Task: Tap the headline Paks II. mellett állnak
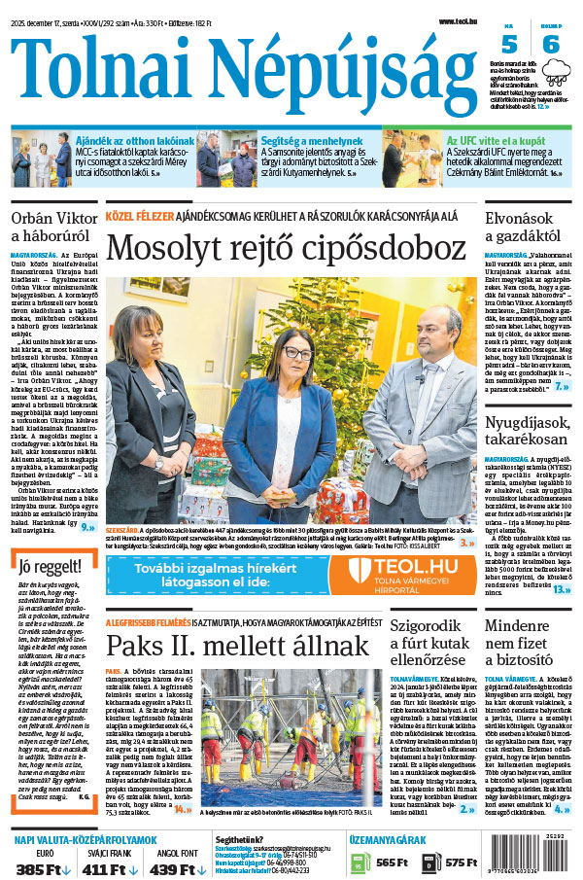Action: [237, 646]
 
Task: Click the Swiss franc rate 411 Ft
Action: [109, 867]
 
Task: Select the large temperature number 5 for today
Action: [510, 45]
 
